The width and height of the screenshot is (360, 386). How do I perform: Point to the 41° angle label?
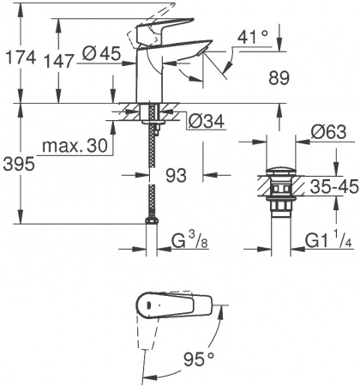pos(253,39)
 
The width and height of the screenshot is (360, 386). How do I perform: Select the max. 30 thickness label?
pos(84,147)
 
